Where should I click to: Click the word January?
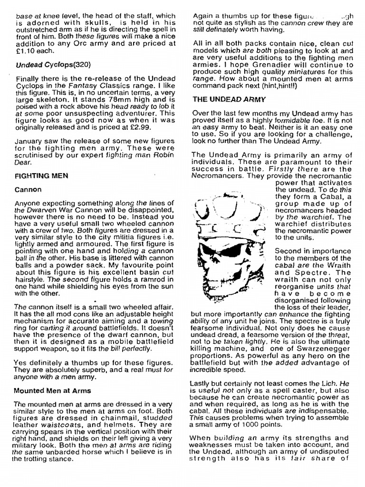point(30,141)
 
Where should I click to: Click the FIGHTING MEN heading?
point(41,175)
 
